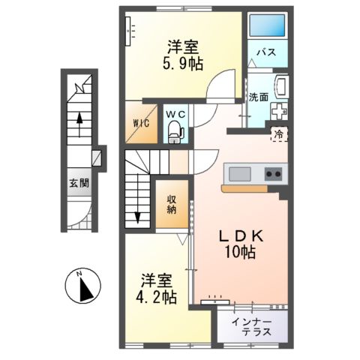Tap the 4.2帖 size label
[x=158, y=297]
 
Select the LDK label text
[x=240, y=235]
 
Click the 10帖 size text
[x=241, y=253]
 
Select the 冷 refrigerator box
[x=278, y=135]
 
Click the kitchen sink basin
[x=240, y=174]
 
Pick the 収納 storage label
[x=172, y=204]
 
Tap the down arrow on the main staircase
[x=137, y=217]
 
